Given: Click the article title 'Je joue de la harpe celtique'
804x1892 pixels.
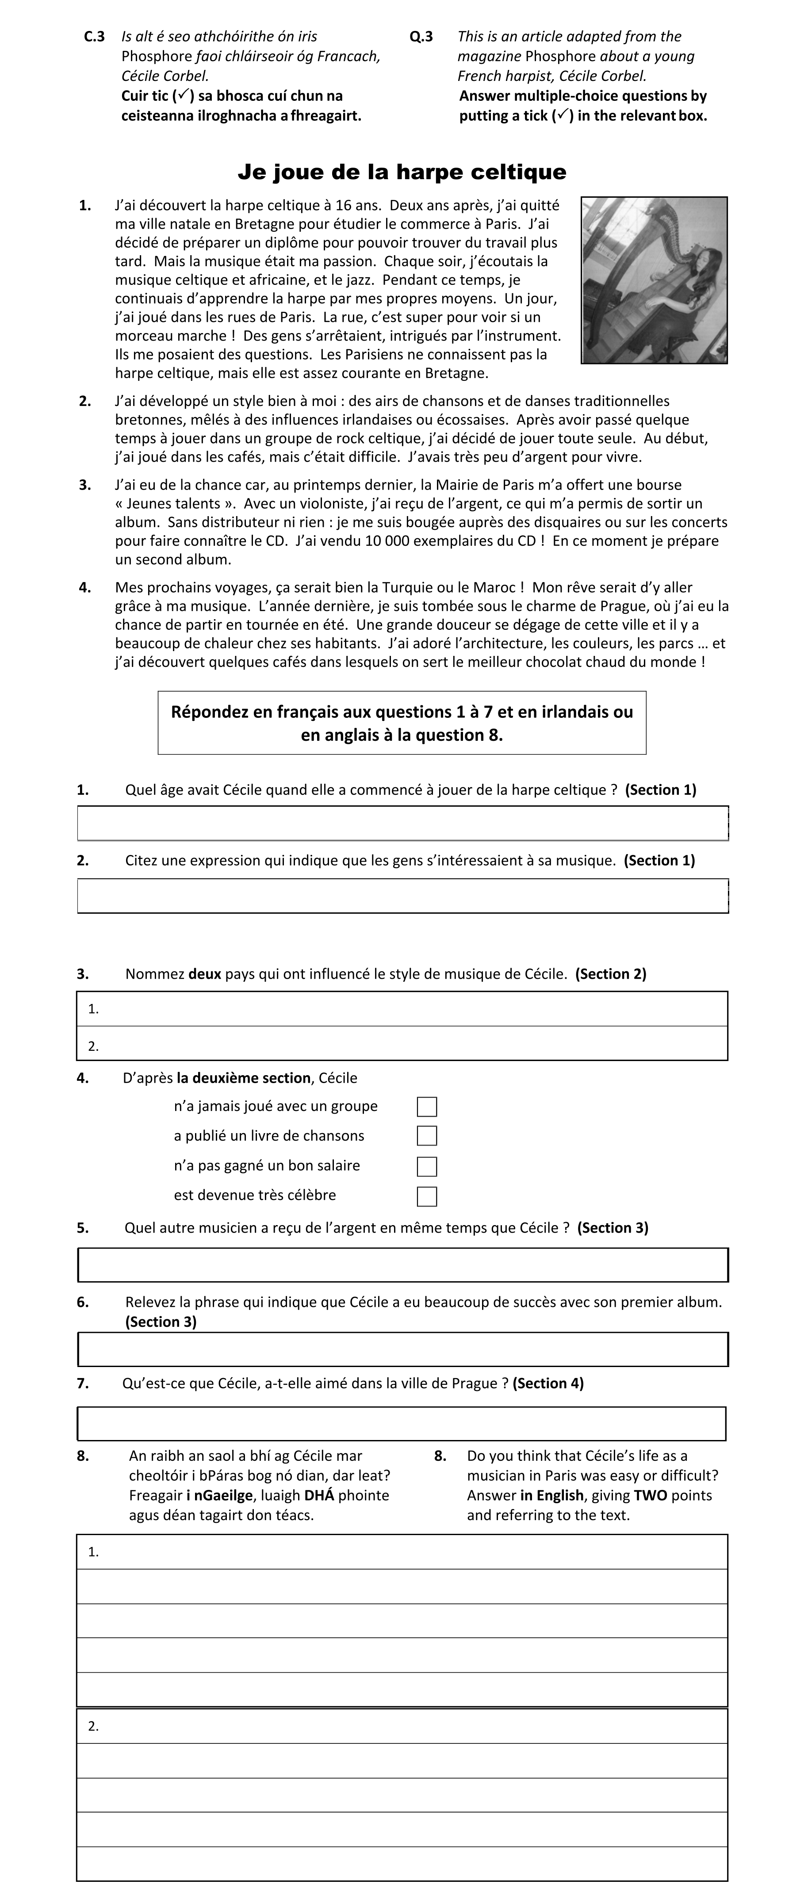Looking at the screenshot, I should coord(402,172).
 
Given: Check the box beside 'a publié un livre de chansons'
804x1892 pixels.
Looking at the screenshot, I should coord(427,1135).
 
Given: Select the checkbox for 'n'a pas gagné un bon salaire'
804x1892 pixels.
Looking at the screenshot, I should coord(427,1166).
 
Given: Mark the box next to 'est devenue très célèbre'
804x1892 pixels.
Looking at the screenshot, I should coord(427,1196).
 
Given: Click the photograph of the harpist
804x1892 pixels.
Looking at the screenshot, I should coord(654,280).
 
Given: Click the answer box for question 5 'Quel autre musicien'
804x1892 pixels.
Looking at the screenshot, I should coord(402,1265).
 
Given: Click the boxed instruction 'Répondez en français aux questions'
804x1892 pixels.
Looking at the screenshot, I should coord(402,723).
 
